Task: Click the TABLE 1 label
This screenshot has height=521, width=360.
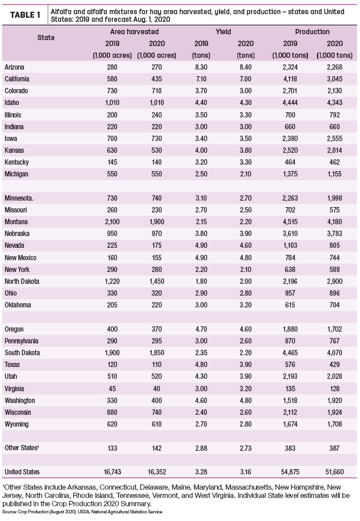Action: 25,15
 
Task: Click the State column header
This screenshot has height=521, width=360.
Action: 46,38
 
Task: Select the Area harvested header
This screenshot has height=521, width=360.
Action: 135,32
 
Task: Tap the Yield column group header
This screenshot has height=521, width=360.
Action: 224,32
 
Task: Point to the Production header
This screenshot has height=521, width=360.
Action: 312,32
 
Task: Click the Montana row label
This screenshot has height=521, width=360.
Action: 16,222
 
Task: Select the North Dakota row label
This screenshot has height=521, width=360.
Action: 22,281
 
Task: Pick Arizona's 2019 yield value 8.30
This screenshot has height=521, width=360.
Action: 201,67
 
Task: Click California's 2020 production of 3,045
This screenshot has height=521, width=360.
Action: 335,79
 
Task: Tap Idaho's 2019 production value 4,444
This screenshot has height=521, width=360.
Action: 290,103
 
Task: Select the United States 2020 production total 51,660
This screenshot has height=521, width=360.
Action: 335,472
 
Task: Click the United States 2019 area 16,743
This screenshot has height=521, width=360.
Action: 112,472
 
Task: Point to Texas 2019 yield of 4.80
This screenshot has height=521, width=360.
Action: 201,365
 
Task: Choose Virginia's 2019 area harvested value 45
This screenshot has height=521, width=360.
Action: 112,388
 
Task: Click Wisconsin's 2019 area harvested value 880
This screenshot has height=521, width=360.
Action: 112,412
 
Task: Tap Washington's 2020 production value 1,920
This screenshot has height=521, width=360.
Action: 335,401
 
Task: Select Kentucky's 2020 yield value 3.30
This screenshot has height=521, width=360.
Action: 246,162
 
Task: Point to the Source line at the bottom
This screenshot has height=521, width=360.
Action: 82,512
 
